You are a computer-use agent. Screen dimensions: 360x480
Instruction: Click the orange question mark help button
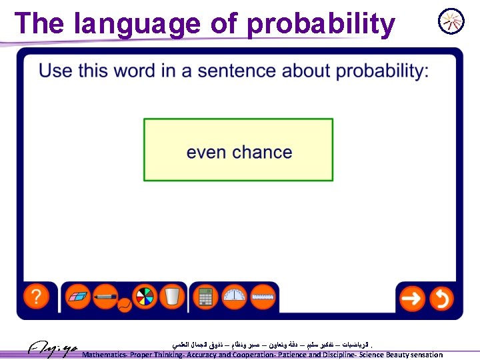(x=37, y=296)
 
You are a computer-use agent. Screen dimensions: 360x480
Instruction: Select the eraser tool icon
(x=79, y=296)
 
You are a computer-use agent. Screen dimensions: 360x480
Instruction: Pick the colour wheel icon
(x=143, y=296)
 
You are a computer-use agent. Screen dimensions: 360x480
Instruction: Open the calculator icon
(x=205, y=296)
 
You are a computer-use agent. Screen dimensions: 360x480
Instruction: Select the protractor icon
(x=235, y=296)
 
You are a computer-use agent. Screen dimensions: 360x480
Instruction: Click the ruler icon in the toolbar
(x=264, y=296)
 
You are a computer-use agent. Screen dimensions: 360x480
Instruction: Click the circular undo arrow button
(x=441, y=297)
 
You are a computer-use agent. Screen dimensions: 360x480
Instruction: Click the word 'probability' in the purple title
(x=321, y=24)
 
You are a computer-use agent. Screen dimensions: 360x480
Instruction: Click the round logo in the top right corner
(x=451, y=21)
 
